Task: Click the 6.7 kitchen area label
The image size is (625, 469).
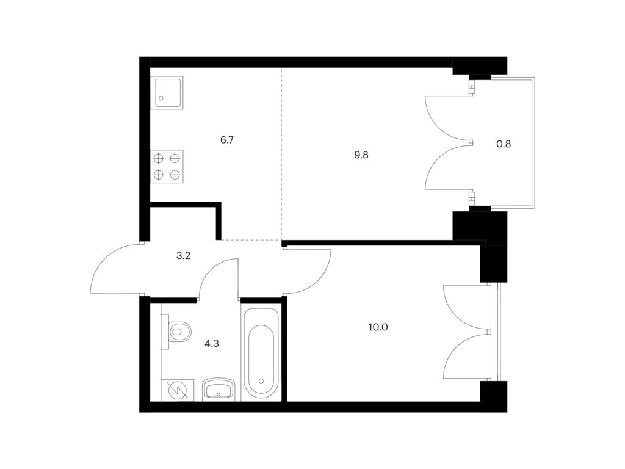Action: (x=227, y=140)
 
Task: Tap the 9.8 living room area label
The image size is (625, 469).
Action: (x=361, y=155)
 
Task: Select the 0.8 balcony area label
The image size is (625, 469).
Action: (x=504, y=144)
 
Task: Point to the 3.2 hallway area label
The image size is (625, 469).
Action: (x=183, y=255)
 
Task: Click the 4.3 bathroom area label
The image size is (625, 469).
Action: (x=212, y=343)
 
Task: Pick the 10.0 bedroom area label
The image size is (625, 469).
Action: (x=378, y=327)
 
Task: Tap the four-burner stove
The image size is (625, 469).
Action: (x=167, y=167)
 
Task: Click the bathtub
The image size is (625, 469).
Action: (x=261, y=353)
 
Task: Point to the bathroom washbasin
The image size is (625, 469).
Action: (x=219, y=389)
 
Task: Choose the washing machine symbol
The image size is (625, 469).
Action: (x=178, y=390)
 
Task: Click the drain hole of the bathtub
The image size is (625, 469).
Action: (x=261, y=380)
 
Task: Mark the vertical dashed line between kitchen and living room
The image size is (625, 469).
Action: (x=282, y=154)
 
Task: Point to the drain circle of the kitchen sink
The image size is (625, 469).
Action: (x=161, y=98)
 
